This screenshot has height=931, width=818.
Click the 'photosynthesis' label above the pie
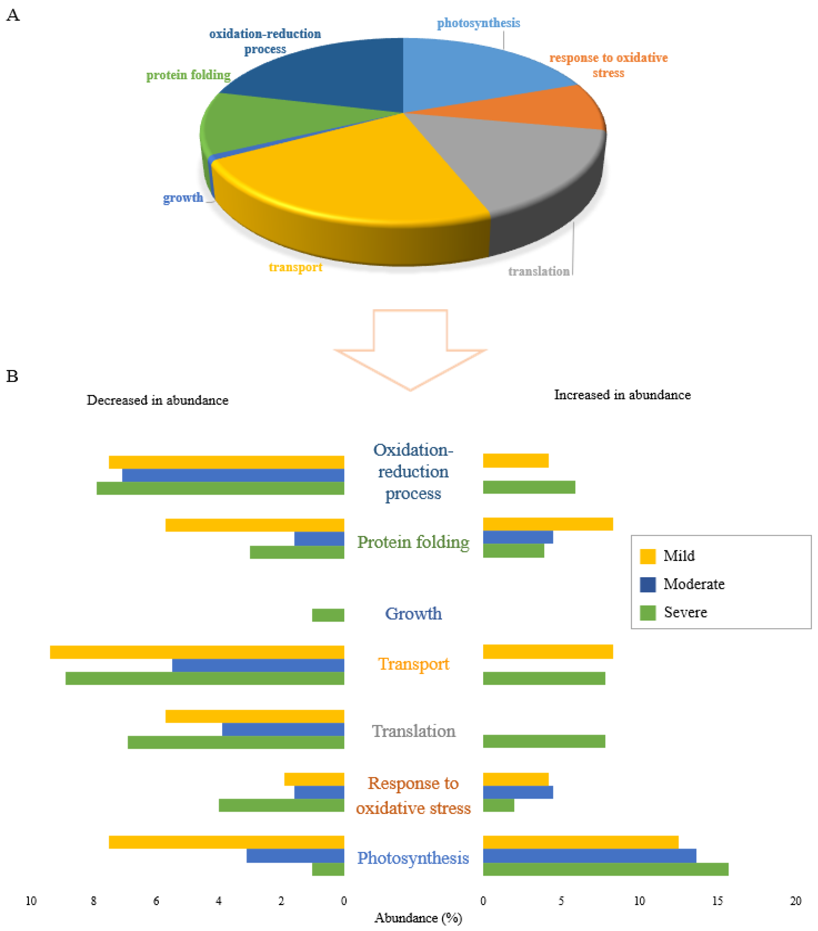point(478,23)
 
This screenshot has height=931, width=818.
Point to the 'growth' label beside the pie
point(183,198)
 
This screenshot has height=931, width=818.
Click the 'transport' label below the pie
point(295,267)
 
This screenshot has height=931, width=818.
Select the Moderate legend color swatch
point(647,584)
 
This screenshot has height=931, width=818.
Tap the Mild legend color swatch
point(647,556)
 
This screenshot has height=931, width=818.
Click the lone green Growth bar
point(328,615)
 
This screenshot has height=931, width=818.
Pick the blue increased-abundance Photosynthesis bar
point(589,856)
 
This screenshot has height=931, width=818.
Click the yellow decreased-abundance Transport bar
point(197,652)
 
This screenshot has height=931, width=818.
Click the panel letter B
point(12,376)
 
